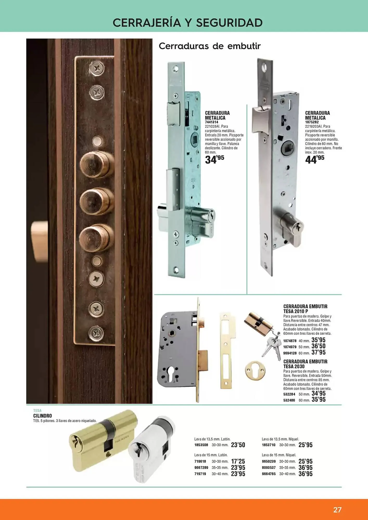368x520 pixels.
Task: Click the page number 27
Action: pos(337,510)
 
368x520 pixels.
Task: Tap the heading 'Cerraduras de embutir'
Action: pos(210,46)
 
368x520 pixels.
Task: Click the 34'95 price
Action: pos(214,159)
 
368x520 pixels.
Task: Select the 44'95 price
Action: pos(315,159)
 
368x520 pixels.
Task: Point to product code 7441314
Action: pos(212,122)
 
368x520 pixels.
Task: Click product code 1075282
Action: pos(312,122)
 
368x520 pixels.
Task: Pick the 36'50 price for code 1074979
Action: pos(319,346)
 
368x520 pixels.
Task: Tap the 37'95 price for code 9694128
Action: pos(319,352)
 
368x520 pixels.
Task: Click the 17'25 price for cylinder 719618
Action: pos(238,461)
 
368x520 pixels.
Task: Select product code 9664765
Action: pos(269,474)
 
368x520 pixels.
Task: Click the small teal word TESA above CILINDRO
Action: pos(37,411)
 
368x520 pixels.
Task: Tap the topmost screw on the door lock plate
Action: pos(97,69)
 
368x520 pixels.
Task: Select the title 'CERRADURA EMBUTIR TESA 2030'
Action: pos(305,364)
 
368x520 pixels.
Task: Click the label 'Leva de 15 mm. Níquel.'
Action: pos(279,455)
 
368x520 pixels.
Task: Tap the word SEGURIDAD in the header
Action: pos(229,23)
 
